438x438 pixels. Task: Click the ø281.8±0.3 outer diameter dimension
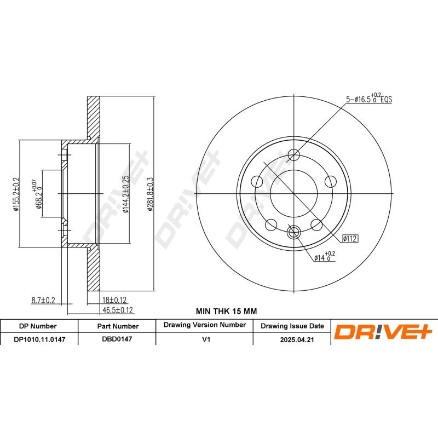pos(149,194)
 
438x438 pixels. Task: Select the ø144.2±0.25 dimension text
pos(125,194)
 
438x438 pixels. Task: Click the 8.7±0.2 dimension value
pos(44,299)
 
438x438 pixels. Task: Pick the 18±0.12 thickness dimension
pos(115,300)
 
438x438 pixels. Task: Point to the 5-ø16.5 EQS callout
pos(368,100)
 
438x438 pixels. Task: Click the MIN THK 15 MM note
pos(226,311)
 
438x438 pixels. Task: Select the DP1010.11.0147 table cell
pos(39,339)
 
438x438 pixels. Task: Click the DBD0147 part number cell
pos(117,339)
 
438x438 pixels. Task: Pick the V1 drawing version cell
pos(206,339)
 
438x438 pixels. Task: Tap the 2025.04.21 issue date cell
pos(292,339)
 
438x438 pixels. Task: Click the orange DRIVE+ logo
pos(384,332)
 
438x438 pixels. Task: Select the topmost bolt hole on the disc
pos(295,154)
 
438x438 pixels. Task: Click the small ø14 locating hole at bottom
pos(295,232)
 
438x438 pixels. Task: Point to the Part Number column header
pos(117,326)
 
